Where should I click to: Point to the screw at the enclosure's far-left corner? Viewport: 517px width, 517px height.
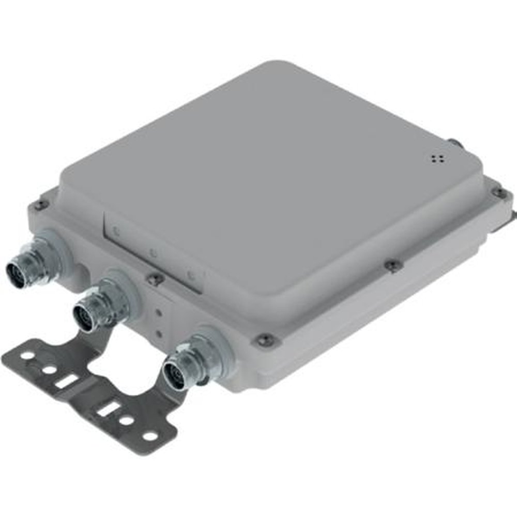[40, 205]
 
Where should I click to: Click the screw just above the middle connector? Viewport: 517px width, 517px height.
[154, 279]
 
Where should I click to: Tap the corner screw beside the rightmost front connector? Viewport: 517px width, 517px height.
[265, 340]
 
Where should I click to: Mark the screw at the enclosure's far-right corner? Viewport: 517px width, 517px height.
[499, 192]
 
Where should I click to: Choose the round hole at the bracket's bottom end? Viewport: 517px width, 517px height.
[149, 436]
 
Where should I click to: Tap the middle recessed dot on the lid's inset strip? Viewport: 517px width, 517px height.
[153, 253]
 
